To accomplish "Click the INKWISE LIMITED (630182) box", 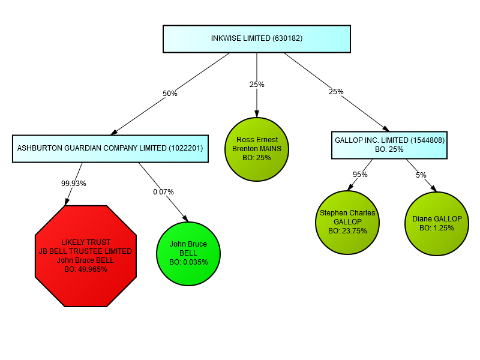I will (257, 38).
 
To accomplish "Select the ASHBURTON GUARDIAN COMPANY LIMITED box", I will (110, 148).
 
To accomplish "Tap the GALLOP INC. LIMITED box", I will (389, 145).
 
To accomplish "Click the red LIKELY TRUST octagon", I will (86, 256).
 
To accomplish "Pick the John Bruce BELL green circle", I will (188, 253).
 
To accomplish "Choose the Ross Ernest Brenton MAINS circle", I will (257, 148).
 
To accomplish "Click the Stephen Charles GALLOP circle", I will (347, 221).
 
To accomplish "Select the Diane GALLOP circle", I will (437, 223).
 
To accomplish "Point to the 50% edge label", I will (170, 94).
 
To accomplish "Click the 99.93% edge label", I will (74, 184).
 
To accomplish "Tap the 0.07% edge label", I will (163, 192).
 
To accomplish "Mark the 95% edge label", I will (360, 175).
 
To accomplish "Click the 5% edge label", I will (421, 175).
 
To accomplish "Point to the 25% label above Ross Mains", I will (257, 85).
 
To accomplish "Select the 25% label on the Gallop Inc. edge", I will (336, 92).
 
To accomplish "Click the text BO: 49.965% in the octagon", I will (85, 269).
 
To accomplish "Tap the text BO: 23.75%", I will (347, 230).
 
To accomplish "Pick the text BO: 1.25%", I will (437, 228).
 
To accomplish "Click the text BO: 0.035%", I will (188, 262).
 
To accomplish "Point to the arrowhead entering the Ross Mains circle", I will (257, 113).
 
